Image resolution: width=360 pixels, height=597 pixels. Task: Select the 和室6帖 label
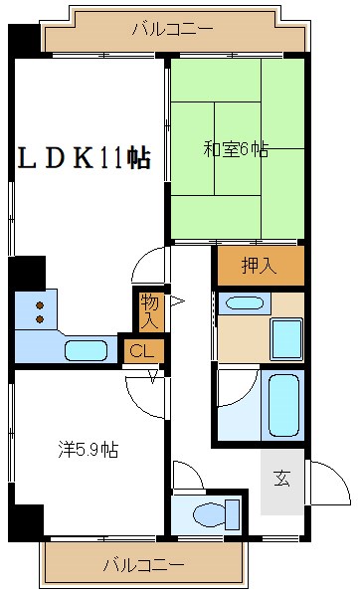(x=236, y=150)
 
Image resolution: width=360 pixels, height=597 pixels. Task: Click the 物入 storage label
(x=149, y=311)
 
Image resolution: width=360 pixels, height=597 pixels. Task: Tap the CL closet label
(x=141, y=349)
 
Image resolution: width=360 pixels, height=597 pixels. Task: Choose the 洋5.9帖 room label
(x=88, y=450)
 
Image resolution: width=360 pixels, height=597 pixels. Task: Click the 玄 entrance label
(x=281, y=479)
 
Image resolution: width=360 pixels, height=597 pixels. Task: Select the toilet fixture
(x=214, y=514)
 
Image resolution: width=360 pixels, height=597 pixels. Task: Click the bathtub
(x=283, y=403)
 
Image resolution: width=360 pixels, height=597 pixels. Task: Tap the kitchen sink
(x=86, y=350)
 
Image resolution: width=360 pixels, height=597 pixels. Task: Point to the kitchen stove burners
(x=40, y=312)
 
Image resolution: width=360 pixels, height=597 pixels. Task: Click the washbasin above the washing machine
(x=244, y=303)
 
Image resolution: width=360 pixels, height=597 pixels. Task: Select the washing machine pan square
(x=286, y=339)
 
